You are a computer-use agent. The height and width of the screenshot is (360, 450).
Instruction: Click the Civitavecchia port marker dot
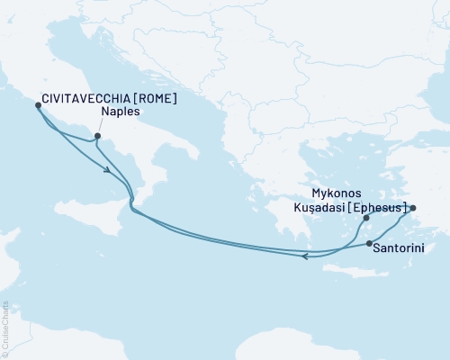38,105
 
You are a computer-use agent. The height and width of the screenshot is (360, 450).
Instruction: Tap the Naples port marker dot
98,138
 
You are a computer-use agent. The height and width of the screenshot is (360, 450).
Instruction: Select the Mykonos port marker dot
365,218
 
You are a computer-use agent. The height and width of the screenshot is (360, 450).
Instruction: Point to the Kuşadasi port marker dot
413,208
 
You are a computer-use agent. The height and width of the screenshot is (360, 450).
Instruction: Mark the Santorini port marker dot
369,244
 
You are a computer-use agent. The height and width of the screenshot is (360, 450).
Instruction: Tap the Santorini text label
400,246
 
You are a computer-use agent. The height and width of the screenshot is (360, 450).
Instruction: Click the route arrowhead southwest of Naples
109,168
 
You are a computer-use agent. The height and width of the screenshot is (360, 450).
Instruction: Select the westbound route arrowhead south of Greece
306,256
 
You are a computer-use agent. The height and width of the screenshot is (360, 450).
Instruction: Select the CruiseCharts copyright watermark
5,328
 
